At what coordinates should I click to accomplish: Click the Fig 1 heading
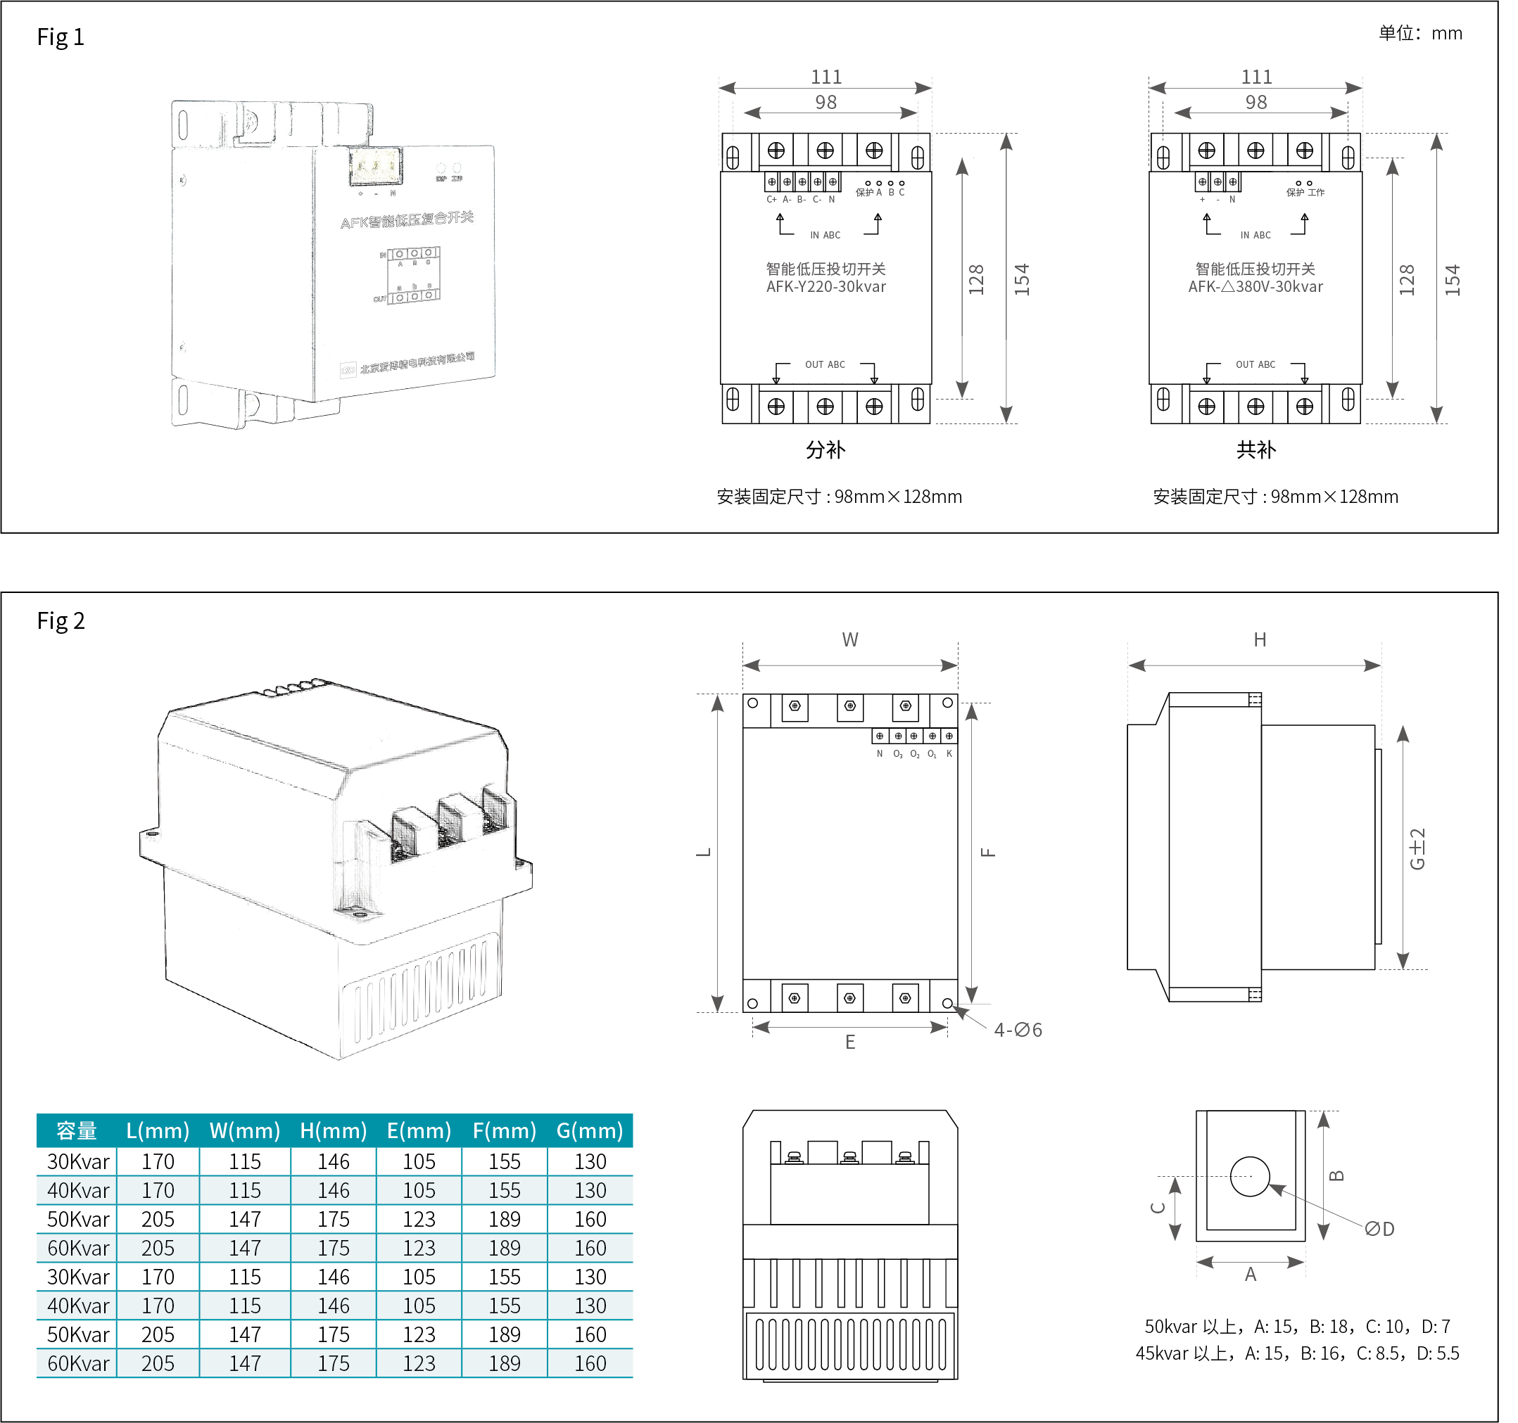61,37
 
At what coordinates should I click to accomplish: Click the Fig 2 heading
61,620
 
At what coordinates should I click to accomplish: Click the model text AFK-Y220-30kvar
826,287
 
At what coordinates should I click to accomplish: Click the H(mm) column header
333,1130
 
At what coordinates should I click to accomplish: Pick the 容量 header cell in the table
77,1130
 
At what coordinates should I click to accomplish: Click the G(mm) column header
590,1130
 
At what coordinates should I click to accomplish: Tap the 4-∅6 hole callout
1018,1030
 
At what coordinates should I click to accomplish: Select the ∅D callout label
1380,1229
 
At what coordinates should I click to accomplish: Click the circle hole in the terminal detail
1250,1176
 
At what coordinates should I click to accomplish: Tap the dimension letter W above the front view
850,639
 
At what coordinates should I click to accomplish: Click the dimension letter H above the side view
1260,639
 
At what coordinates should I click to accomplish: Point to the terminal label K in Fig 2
949,753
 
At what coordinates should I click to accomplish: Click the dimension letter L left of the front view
704,852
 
